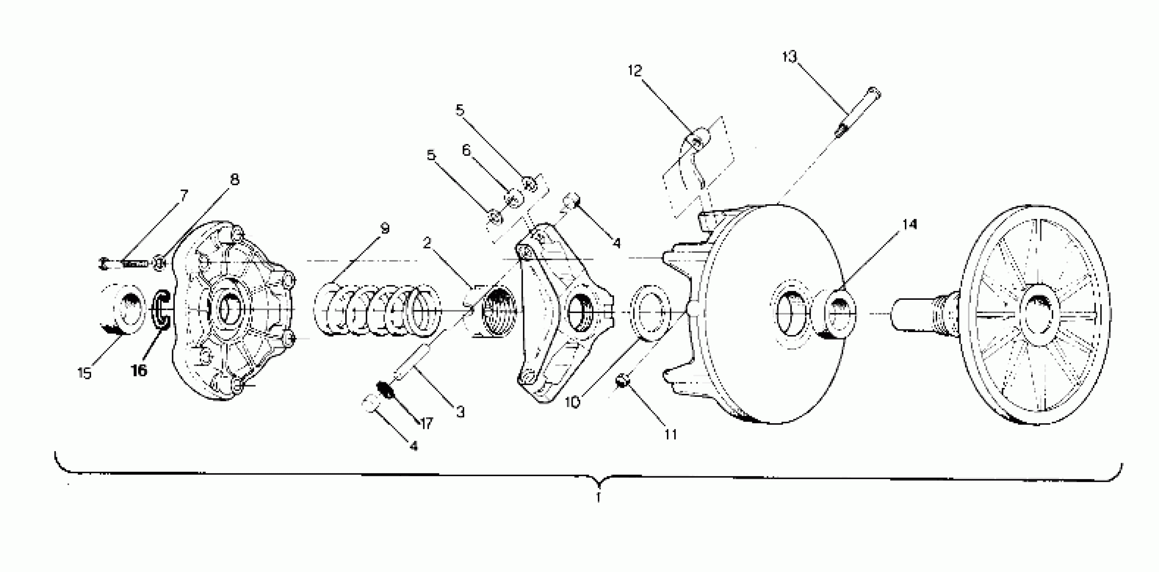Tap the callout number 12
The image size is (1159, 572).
click(x=635, y=71)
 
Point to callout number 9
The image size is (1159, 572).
click(x=385, y=229)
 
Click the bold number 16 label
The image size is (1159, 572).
click(x=139, y=371)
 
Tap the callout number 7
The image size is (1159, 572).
click(x=184, y=195)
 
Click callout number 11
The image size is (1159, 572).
click(x=670, y=435)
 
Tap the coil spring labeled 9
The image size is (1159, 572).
click(x=377, y=311)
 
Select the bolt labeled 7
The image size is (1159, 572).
click(x=123, y=263)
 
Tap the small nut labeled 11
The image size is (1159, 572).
click(x=622, y=382)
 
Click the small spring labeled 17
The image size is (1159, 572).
click(x=386, y=390)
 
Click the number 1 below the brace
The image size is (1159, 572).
click(x=598, y=498)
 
